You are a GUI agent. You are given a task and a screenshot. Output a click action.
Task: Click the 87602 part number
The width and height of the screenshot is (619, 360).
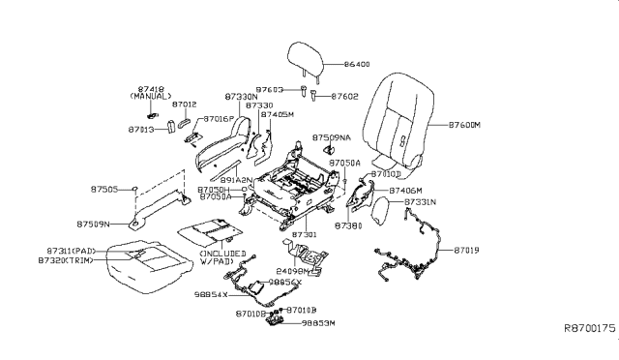coord(345,97)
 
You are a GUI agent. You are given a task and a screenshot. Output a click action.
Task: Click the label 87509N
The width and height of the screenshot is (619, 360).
coord(93,225)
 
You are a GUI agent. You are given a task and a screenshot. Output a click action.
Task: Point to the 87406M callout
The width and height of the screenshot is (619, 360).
coord(405,191)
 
